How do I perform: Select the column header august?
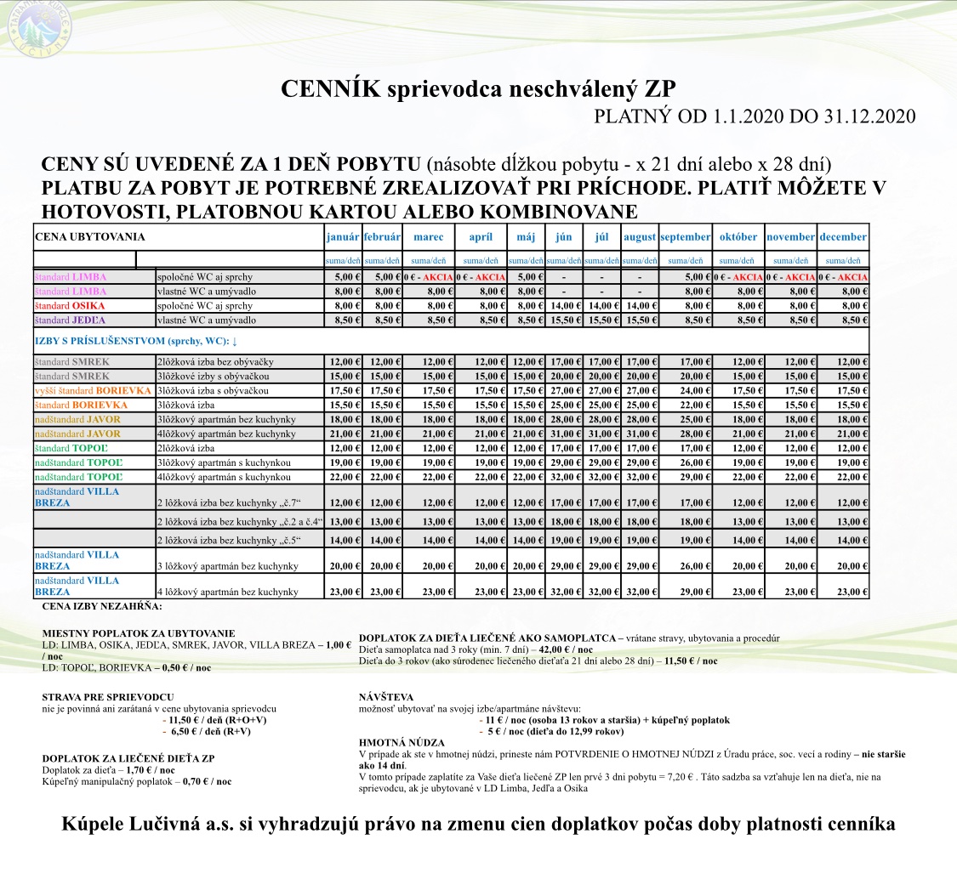(x=639, y=237)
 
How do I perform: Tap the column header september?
(x=685, y=237)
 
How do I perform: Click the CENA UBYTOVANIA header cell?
(x=89, y=237)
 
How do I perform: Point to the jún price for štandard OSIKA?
(x=564, y=305)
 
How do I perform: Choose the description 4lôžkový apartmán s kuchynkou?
(x=224, y=477)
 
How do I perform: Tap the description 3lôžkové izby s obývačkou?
(x=212, y=376)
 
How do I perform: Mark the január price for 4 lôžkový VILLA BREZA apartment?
(x=343, y=591)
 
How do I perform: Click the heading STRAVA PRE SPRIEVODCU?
(x=108, y=696)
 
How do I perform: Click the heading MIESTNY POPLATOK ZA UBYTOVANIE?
(x=139, y=633)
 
